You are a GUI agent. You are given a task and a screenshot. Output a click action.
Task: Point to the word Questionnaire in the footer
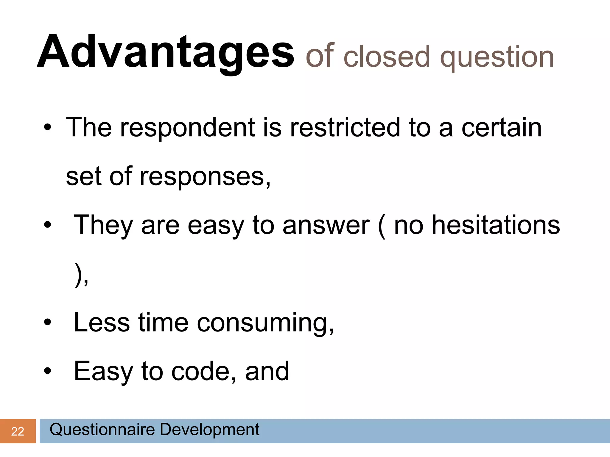(102, 430)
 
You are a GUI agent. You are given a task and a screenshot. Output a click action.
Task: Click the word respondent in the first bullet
(188, 128)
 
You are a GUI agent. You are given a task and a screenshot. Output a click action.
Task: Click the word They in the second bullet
(103, 226)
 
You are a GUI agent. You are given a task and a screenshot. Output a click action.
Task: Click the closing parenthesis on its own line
(78, 275)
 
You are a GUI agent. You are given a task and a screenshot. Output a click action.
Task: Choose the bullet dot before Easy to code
(47, 372)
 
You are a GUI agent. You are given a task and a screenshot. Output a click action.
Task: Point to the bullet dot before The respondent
(47, 128)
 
